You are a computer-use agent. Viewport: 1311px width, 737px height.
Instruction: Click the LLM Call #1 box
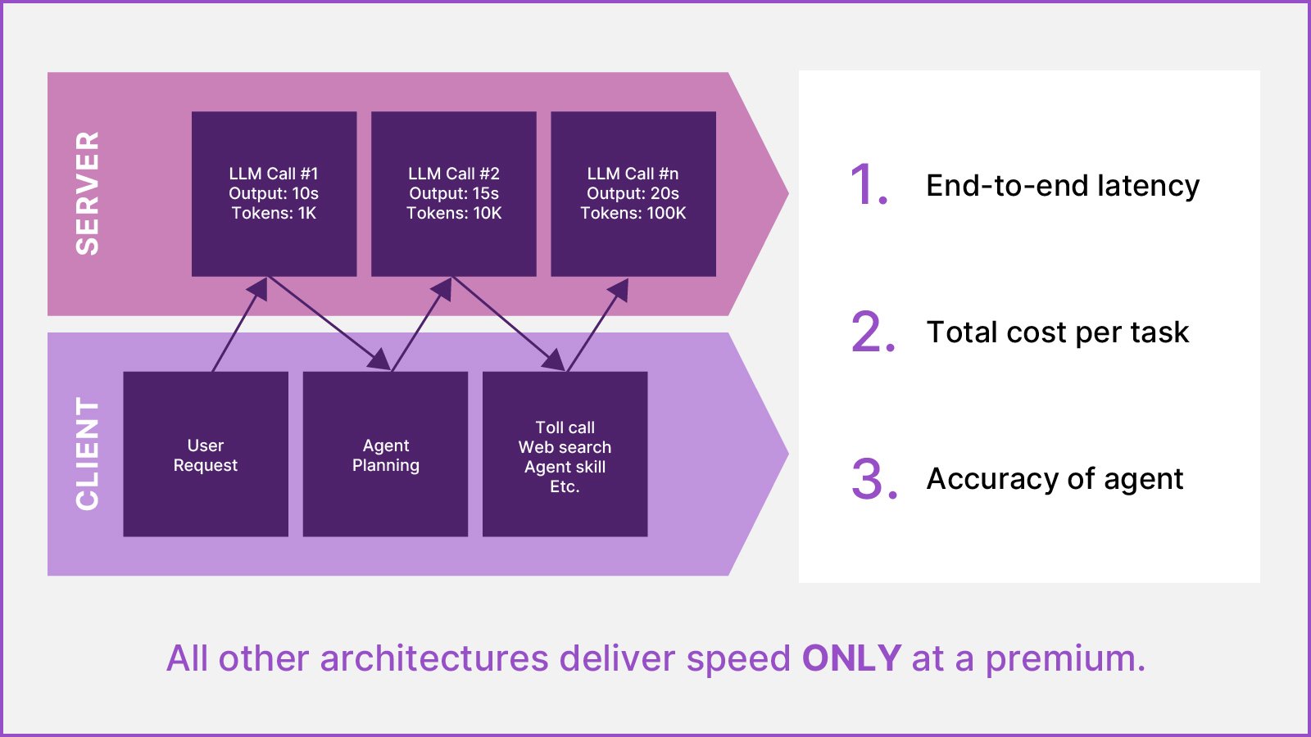[x=274, y=194]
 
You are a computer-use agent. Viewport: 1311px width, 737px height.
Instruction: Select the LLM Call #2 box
[x=453, y=194]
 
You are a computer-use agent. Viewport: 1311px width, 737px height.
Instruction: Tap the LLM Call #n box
[x=633, y=194]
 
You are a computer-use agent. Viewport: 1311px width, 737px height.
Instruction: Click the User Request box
[x=205, y=454]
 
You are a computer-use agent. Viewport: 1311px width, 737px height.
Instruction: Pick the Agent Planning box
[x=385, y=454]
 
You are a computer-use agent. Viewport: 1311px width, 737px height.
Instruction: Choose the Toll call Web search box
[x=565, y=454]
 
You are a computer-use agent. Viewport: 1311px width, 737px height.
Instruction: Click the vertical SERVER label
[x=87, y=193]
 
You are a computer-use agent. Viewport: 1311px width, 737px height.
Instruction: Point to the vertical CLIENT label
[x=87, y=454]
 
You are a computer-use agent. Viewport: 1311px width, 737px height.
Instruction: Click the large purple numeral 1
[x=869, y=184]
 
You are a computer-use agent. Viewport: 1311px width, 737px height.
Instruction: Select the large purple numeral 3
[x=873, y=479]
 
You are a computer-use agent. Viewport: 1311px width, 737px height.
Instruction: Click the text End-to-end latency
[x=1062, y=186]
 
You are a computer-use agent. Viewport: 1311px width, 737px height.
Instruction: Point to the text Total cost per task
[x=1057, y=332]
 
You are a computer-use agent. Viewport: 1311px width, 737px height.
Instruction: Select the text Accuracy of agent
[x=1055, y=479]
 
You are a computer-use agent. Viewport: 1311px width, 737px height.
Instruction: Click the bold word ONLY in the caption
[x=851, y=658]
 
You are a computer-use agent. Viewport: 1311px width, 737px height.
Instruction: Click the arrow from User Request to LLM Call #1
[x=239, y=325]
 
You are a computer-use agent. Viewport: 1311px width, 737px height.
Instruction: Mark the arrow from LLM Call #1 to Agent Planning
[x=328, y=322]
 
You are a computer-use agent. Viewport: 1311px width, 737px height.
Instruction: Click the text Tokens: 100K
[x=633, y=214]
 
